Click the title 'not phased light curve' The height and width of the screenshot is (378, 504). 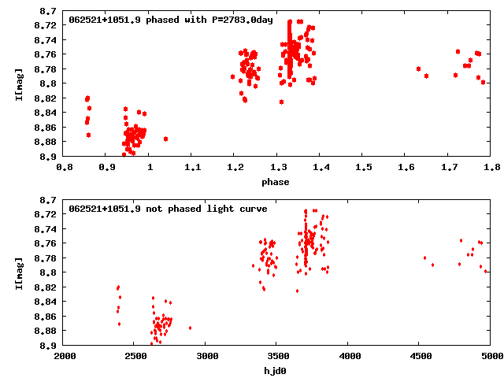[x=169, y=209]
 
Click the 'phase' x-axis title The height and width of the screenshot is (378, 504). [x=276, y=182]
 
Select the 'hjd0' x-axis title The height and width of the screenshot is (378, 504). [x=276, y=371]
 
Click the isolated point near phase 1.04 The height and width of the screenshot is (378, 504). [x=165, y=139]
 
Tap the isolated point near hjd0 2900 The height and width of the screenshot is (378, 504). [x=190, y=328]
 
